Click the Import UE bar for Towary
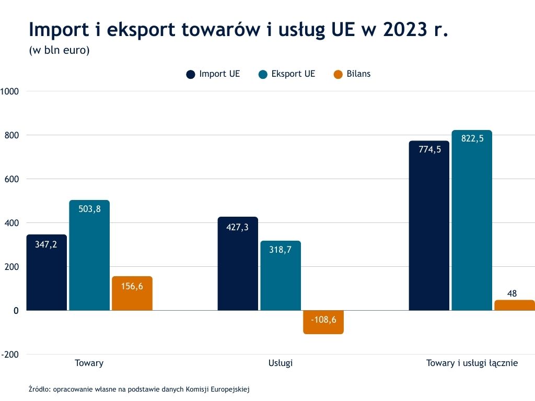point(46,273)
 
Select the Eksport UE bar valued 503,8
point(89,255)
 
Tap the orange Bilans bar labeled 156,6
point(132,293)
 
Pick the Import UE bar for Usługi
point(238,264)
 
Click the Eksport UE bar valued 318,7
point(281,276)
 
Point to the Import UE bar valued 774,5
point(429,226)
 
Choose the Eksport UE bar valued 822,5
point(472,220)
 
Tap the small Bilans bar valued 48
point(515,305)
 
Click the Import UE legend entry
point(213,74)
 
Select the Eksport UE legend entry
point(287,74)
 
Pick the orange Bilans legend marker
point(338,74)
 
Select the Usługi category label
point(280,363)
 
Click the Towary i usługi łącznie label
point(472,363)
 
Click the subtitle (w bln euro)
point(60,51)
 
